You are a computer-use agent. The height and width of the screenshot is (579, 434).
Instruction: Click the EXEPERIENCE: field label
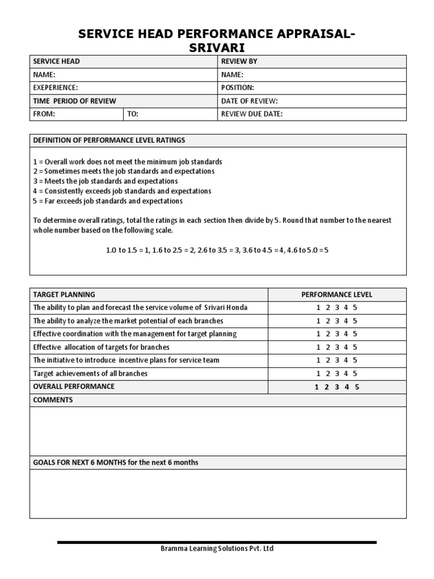point(55,88)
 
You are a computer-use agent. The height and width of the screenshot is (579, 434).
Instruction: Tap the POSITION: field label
point(238,88)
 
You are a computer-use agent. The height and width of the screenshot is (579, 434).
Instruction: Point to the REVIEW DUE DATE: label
point(252,114)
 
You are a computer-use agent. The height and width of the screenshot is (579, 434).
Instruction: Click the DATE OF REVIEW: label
point(250,101)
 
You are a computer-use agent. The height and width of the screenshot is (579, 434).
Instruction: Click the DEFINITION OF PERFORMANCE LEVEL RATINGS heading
point(109,140)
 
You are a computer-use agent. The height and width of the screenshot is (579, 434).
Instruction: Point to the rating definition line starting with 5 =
point(108,201)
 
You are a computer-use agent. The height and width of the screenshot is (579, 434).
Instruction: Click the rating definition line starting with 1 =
point(128,162)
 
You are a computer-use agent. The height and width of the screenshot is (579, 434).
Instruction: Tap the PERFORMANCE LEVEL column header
point(337,295)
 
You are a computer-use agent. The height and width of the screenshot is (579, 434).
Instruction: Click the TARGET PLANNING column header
point(64,295)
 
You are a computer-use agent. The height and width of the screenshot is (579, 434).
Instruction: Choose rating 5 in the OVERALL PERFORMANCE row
point(357,387)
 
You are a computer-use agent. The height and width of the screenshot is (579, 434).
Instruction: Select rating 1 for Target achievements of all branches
point(318,373)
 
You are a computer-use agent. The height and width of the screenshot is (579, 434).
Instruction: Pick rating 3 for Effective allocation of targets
point(337,347)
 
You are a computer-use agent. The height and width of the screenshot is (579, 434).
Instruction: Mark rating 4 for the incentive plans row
point(346,360)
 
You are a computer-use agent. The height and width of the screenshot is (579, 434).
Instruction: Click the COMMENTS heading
point(53,400)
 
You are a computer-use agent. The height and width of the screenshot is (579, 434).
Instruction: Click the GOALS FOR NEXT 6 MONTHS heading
point(116,463)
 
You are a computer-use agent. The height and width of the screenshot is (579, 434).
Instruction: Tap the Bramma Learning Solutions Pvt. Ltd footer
point(218,548)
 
